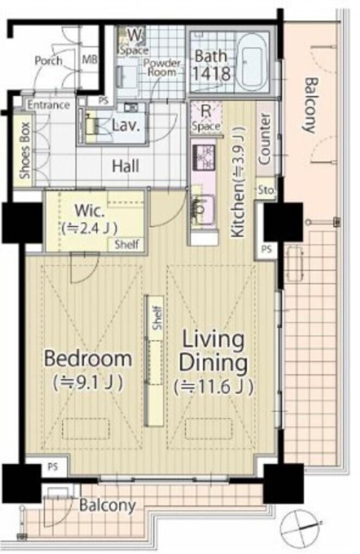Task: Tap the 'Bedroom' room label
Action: [88, 358]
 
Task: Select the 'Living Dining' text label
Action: [213, 351]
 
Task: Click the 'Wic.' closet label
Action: [89, 212]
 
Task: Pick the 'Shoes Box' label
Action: [24, 150]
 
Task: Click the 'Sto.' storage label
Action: [266, 190]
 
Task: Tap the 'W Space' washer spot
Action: [133, 42]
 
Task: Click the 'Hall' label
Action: [125, 166]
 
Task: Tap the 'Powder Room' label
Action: [162, 68]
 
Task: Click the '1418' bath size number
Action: [212, 74]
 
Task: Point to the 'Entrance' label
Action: [49, 105]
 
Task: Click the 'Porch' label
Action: [48, 61]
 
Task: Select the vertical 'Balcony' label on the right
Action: [310, 105]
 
